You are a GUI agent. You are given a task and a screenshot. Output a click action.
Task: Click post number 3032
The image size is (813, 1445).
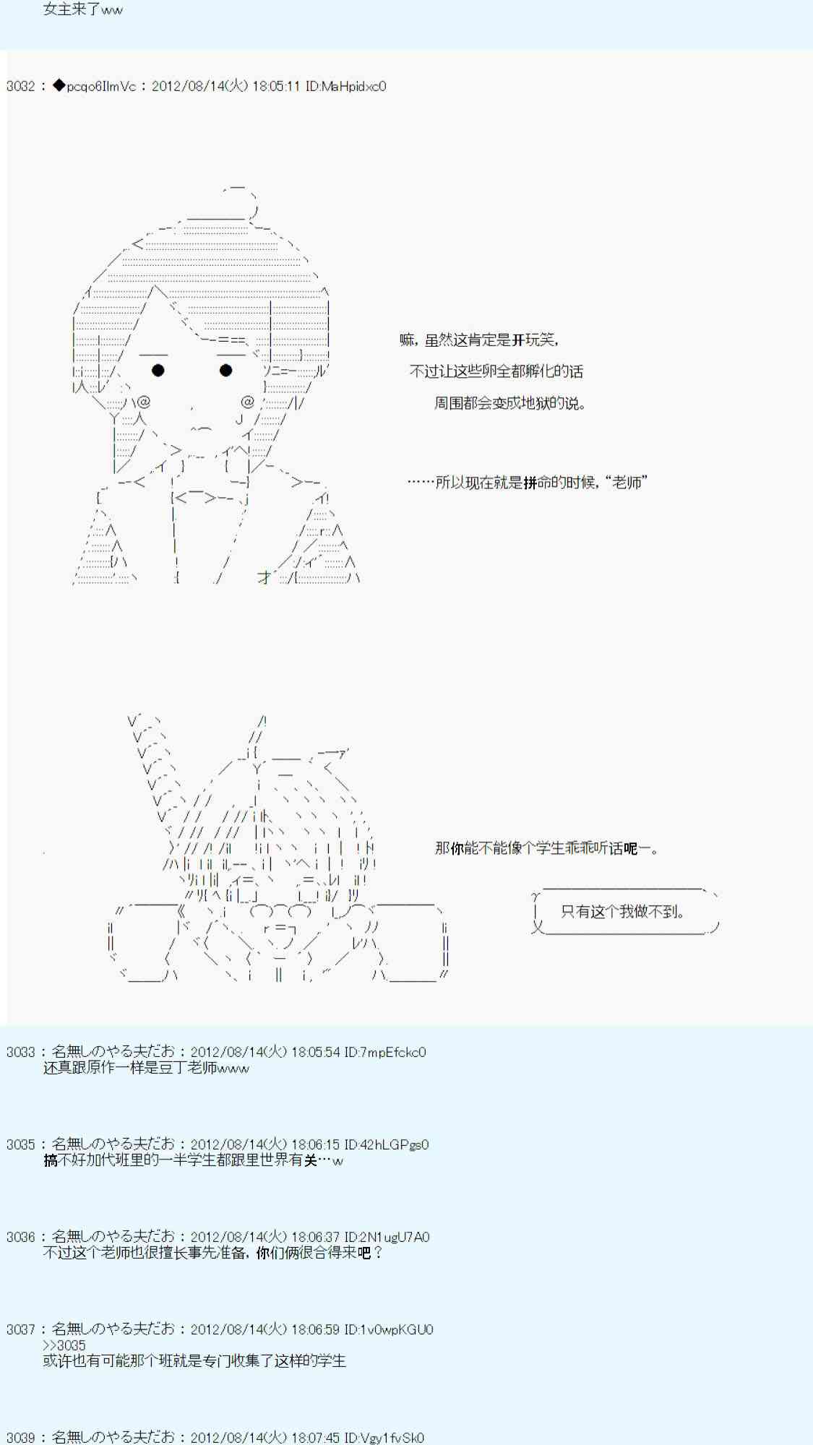tap(20, 87)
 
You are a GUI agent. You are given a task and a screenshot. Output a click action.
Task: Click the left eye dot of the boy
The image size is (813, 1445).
tap(158, 371)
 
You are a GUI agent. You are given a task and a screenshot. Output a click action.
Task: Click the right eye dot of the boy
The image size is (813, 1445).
tap(225, 371)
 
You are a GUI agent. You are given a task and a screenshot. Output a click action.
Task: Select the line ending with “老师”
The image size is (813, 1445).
tap(527, 483)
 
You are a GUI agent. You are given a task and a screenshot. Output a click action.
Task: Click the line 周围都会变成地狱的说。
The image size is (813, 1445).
tap(509, 403)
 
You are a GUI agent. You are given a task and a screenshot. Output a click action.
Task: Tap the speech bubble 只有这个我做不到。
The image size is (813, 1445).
tap(626, 912)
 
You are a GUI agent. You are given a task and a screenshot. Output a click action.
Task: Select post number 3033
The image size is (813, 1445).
tap(20, 1053)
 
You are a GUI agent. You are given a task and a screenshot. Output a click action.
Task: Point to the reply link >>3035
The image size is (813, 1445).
tap(64, 1345)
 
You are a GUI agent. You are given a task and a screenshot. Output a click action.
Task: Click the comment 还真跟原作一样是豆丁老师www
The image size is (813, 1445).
tap(146, 1069)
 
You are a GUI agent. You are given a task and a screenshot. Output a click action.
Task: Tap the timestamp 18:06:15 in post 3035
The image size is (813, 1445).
tap(316, 1145)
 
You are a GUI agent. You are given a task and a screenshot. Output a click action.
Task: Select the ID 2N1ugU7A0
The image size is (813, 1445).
tap(387, 1238)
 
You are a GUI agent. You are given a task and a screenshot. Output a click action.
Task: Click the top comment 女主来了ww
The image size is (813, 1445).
tap(83, 10)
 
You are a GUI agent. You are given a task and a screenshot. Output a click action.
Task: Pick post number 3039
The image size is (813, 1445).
tap(20, 1438)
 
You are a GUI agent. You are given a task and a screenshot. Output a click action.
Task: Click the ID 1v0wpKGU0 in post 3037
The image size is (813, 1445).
tap(389, 1330)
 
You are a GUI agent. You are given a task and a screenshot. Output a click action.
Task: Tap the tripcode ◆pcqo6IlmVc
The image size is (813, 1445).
tap(95, 87)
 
